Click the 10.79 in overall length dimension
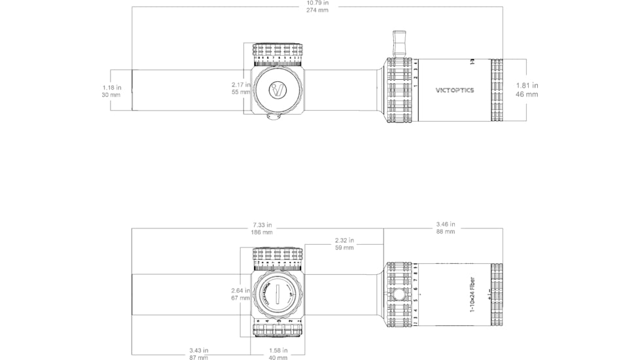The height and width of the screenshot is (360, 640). [317, 3]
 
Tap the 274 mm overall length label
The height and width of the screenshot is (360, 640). [317, 10]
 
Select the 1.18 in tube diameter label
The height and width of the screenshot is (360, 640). [111, 87]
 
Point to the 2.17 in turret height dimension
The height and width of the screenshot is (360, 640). [241, 84]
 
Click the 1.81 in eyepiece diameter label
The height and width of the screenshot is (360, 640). [527, 85]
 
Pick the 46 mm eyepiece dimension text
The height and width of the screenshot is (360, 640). [527, 94]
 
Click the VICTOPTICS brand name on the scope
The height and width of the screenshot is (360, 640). [455, 90]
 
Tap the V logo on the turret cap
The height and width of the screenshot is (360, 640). [278, 89]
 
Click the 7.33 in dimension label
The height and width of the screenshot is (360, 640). [262, 225]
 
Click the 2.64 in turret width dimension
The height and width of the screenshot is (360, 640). [241, 290]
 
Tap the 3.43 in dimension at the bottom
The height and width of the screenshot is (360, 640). [198, 351]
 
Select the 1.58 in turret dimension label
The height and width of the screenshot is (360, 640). [278, 351]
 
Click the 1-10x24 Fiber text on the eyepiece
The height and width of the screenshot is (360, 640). [473, 294]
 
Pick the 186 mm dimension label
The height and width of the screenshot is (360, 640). [262, 232]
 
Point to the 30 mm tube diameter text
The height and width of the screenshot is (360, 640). [111, 95]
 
